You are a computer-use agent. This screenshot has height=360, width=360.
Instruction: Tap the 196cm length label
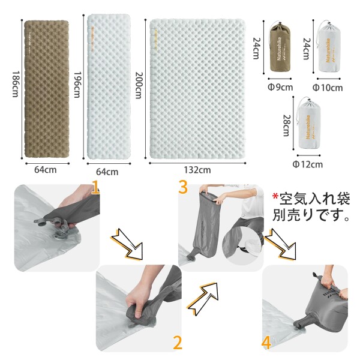(76, 88)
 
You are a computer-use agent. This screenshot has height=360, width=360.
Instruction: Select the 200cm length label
(139, 88)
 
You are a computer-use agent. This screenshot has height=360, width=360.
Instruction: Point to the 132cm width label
(197, 170)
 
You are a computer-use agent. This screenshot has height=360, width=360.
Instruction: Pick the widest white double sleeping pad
(197, 89)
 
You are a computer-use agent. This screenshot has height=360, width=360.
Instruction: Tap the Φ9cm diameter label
(280, 88)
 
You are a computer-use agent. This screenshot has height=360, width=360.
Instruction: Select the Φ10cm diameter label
(328, 88)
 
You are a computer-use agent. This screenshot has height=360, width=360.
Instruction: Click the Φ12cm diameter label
(307, 164)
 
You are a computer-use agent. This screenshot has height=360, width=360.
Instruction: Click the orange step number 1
(95, 189)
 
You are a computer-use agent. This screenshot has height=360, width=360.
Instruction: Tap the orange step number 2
(177, 342)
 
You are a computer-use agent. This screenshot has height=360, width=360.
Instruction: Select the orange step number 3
(183, 187)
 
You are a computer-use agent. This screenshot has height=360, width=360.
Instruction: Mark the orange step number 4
(266, 342)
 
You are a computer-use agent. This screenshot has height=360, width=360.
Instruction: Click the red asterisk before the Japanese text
(275, 198)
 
